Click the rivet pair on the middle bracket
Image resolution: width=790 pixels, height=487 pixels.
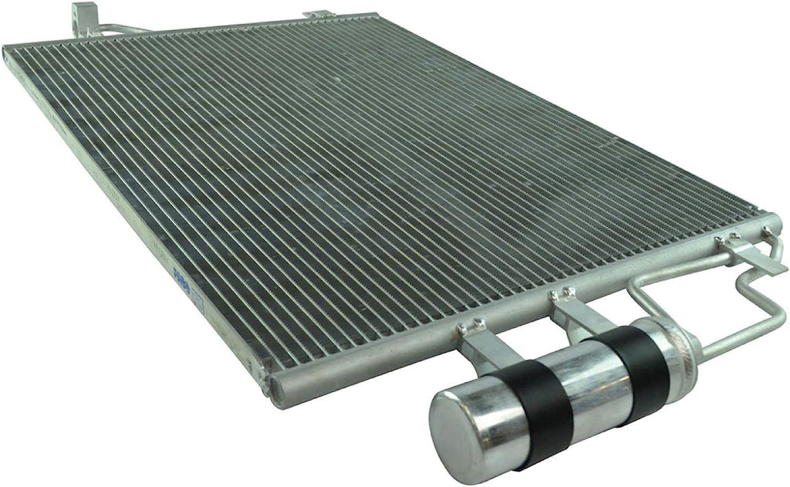[559, 293]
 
